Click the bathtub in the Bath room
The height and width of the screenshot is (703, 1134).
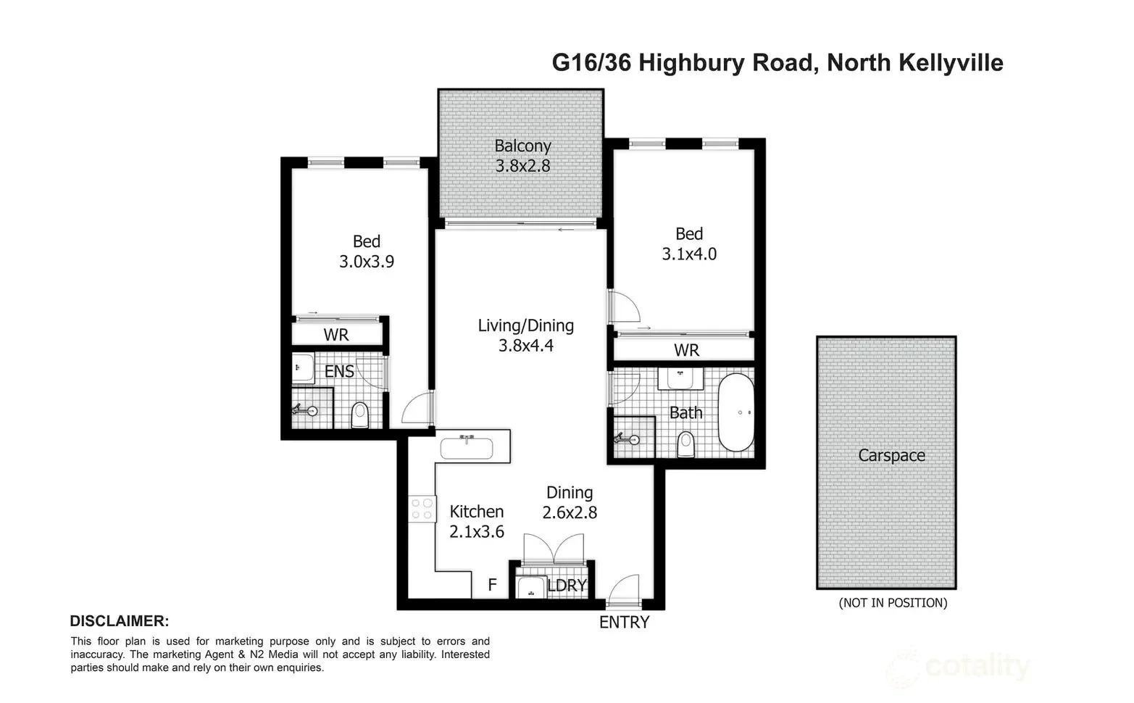click(x=735, y=412)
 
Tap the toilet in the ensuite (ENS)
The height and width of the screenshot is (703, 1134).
click(x=360, y=415)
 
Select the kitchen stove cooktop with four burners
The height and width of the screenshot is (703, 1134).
click(x=422, y=507)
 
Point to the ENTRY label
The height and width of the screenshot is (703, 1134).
click(x=624, y=622)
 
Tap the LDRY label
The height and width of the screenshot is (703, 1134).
click(x=567, y=586)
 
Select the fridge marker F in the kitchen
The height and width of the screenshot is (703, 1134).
click(x=492, y=585)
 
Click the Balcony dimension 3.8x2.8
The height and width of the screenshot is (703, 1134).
click(x=522, y=166)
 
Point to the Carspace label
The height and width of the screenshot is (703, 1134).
click(x=891, y=455)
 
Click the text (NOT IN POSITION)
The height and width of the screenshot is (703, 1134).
click(x=893, y=602)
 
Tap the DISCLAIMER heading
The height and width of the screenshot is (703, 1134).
click(x=119, y=621)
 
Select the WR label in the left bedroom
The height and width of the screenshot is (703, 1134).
click(x=336, y=335)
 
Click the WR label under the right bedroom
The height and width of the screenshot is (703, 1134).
click(x=686, y=350)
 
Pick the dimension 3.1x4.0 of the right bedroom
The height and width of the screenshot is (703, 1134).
click(x=689, y=254)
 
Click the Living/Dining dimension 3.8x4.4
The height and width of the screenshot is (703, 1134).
click(x=525, y=346)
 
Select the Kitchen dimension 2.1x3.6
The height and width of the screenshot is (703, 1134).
click(x=476, y=531)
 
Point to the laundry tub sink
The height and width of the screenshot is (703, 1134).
click(x=533, y=586)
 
